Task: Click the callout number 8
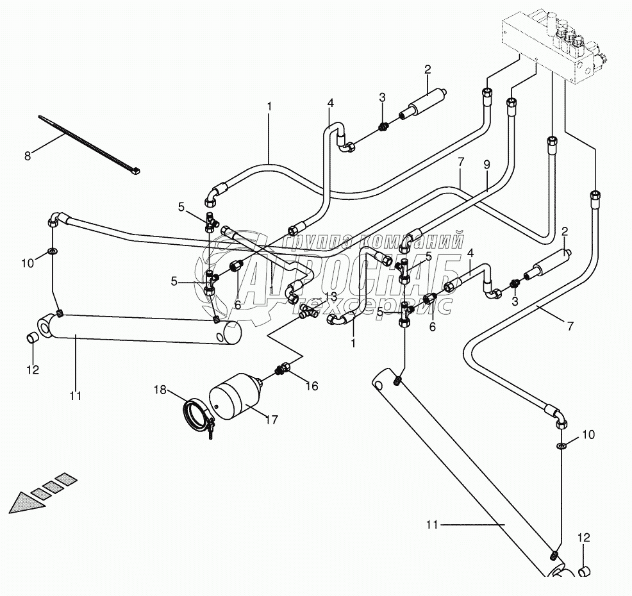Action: coord(27,155)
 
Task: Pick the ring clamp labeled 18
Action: coord(195,418)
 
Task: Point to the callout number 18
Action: coord(160,389)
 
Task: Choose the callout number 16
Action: coord(312,386)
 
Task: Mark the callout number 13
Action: coord(331,295)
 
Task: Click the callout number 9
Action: coord(486,164)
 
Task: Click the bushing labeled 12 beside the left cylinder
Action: coord(31,338)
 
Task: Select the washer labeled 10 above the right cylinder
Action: coord(561,446)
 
